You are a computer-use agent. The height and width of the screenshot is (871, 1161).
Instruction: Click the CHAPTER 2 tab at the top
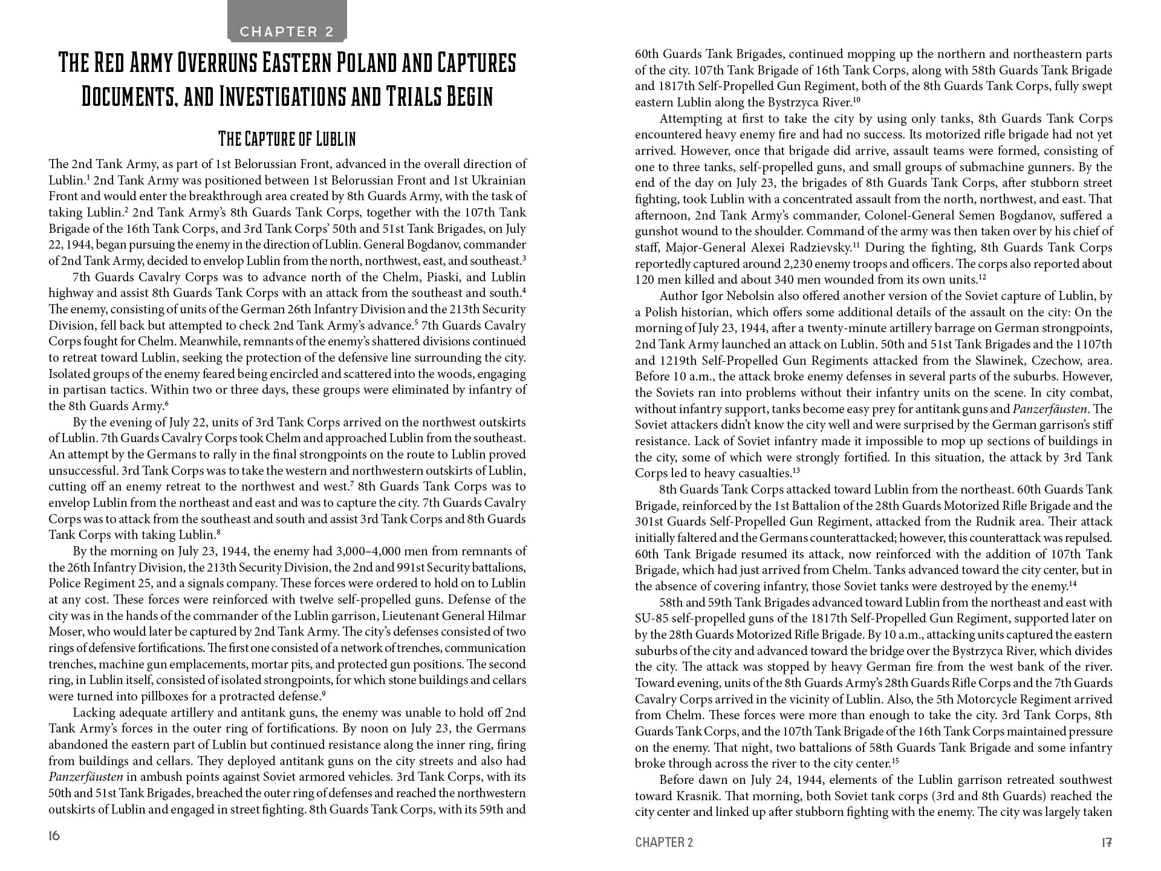[x=287, y=31]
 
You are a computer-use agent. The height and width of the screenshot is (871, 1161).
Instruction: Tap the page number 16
[x=54, y=836]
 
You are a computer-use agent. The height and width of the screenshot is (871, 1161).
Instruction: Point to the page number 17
[x=1107, y=842]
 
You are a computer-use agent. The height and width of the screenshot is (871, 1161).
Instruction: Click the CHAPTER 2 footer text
[x=664, y=843]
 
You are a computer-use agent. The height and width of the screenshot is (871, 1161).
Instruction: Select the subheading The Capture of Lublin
[x=287, y=139]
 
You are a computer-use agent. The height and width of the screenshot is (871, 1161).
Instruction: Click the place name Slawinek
[x=1012, y=360]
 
